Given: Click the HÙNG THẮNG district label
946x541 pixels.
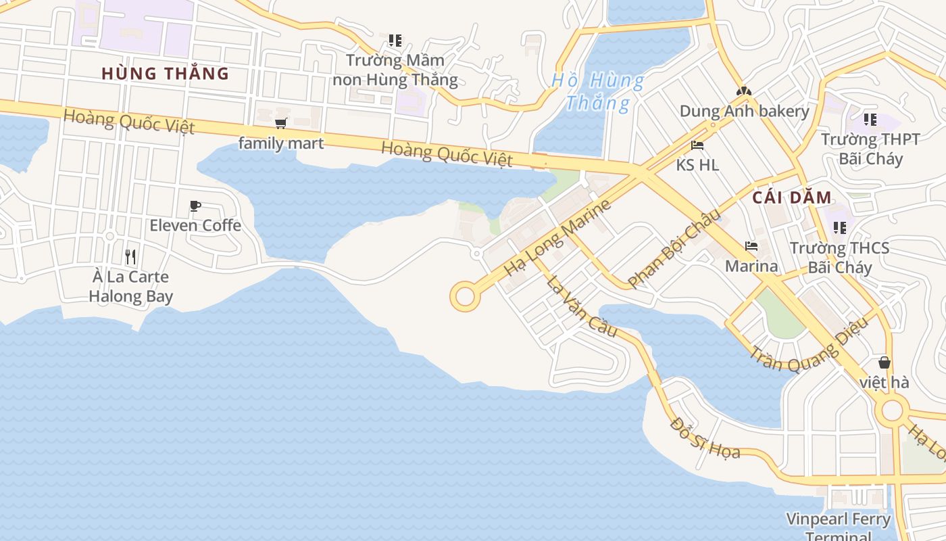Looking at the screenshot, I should click(165, 73).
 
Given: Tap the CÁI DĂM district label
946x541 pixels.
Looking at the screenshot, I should click(791, 197).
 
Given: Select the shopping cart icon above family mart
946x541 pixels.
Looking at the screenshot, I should click(281, 123).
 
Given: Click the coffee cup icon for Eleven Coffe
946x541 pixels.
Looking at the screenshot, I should click(195, 206).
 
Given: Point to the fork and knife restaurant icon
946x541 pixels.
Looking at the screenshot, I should click(130, 256).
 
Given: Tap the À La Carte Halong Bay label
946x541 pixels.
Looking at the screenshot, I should click(130, 287).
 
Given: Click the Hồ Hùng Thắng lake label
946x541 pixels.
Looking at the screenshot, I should click(597, 92).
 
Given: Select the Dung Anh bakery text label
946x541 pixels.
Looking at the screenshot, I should click(744, 111).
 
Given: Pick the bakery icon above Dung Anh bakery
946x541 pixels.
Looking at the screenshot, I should click(744, 91).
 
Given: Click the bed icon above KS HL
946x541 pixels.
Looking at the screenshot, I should click(697, 145).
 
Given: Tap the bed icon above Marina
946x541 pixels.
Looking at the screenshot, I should click(751, 245).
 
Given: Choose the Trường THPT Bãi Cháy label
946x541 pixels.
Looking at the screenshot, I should click(870, 149).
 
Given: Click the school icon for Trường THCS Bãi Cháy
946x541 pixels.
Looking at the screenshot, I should click(840, 227).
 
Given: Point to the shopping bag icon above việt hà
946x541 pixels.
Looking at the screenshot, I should click(884, 363).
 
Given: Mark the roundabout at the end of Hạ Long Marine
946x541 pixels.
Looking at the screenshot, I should click(465, 297).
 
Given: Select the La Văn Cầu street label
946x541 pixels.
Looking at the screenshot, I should click(582, 306).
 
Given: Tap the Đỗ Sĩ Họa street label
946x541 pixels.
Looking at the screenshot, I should click(705, 438).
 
